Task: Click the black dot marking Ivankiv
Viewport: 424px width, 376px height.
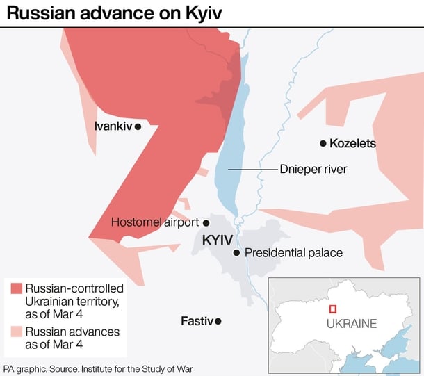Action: (138, 126)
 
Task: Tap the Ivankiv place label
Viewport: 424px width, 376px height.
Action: (113, 126)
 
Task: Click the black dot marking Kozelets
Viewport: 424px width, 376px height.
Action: (323, 144)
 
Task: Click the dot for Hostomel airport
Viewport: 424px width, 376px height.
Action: (206, 222)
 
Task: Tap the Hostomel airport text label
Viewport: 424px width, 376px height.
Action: (155, 222)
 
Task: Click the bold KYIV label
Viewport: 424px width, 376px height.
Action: (217, 240)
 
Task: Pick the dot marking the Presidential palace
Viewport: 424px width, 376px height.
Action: (237, 253)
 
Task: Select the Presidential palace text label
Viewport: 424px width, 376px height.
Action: (293, 253)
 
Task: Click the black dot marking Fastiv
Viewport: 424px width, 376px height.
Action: (218, 321)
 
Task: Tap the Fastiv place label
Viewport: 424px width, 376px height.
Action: (197, 321)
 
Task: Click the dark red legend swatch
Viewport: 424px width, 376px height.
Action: (15, 288)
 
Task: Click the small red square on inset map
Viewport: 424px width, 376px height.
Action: (333, 309)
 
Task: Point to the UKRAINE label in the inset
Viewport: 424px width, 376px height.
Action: (352, 323)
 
